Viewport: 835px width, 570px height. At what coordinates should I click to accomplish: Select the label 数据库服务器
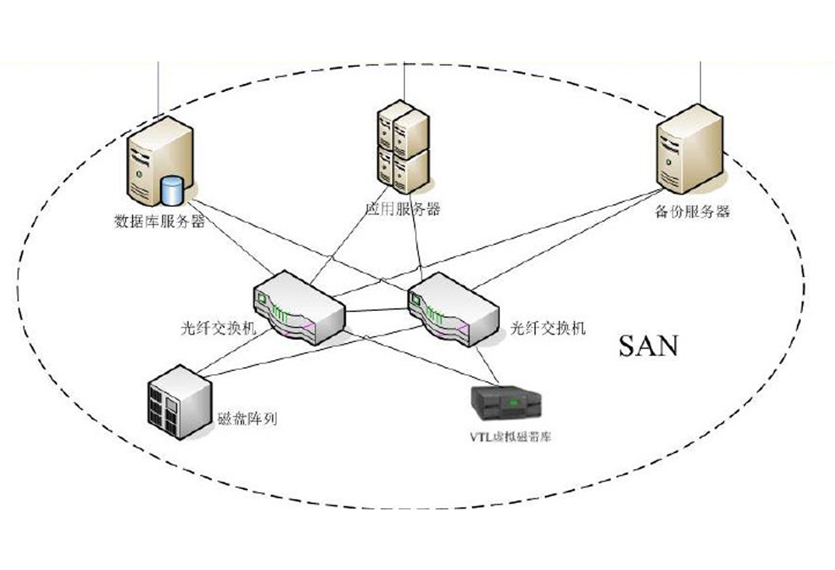pyautogui.click(x=159, y=222)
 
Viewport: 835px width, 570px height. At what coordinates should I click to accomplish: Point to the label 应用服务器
pyautogui.click(x=403, y=209)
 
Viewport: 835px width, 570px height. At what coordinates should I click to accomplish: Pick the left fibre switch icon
pyautogui.click(x=298, y=306)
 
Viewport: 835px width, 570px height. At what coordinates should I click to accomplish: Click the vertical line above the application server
pyautogui.click(x=404, y=82)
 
